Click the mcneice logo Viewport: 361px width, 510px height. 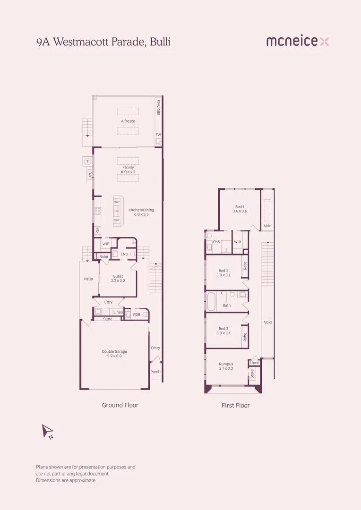coord(297,42)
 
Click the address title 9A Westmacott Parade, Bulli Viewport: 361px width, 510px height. coord(103,42)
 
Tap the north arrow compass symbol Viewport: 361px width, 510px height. coord(48,431)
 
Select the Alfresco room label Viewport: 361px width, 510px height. coord(128,121)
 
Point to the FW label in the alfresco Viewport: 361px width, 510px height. coord(158,135)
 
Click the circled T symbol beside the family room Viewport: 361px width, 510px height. coord(87,161)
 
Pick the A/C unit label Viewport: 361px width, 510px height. coord(88,175)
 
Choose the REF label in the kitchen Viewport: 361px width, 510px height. coord(97,230)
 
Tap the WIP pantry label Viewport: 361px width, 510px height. coord(106,244)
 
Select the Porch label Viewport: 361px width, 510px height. coord(155,372)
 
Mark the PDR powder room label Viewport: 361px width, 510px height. coord(137,314)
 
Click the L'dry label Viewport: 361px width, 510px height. coord(109,302)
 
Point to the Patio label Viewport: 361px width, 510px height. coord(88,279)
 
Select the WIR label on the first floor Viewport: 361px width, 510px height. coord(238,242)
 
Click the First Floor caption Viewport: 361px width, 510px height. coord(235,405)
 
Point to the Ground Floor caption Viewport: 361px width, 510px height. coord(120,405)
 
